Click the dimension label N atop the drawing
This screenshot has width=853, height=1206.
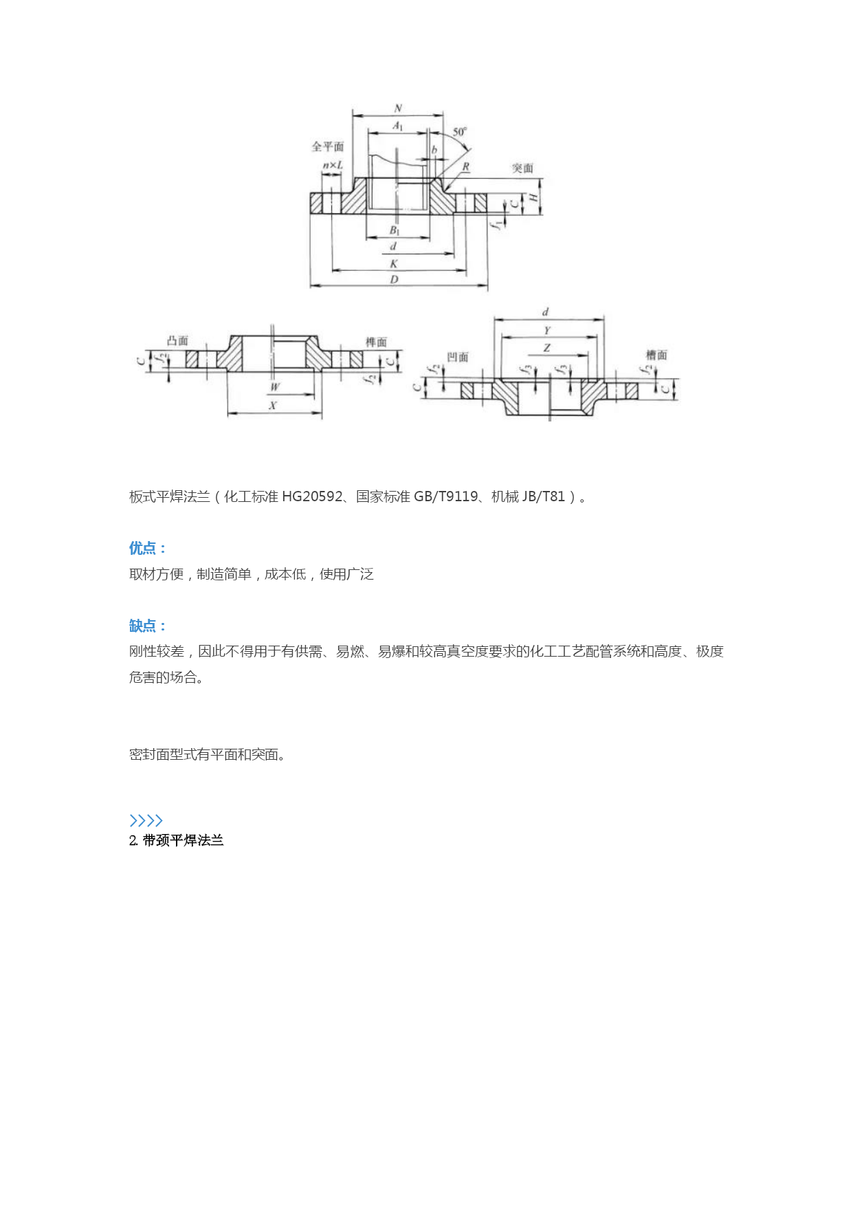398,108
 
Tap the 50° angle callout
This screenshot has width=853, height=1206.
460,131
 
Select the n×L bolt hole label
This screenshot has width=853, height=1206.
333,165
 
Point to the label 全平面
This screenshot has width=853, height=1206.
328,146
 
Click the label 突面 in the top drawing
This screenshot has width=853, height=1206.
522,168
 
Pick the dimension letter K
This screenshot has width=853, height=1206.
394,263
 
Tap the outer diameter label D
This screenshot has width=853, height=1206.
394,279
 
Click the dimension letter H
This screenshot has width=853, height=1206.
533,199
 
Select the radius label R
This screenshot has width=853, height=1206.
465,166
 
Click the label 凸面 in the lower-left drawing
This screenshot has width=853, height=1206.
177,340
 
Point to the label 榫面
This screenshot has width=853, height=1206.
376,342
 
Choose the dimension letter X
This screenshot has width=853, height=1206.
273,406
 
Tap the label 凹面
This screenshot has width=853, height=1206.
458,357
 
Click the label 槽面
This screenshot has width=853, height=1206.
656,355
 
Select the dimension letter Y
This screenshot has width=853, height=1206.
547,330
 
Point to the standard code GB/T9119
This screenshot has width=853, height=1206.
445,496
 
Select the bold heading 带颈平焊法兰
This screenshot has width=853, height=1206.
184,840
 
